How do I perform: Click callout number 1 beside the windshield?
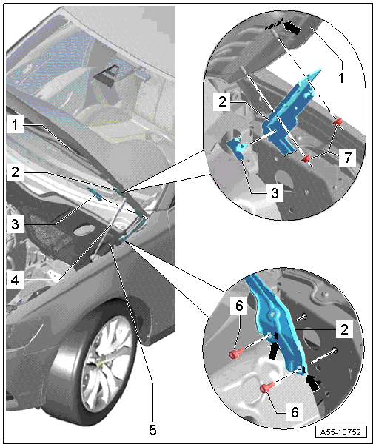pos(15,124)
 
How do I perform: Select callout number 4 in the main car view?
pos(15,280)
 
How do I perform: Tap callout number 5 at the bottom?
pos(152,430)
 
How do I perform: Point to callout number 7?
pos(347,158)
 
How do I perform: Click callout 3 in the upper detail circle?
pos(275,193)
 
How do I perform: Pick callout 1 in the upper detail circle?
pos(341,78)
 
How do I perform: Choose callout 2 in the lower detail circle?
pos(344,329)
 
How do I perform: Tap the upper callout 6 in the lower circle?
pos(239,306)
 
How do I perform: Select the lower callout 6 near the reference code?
pos(295,412)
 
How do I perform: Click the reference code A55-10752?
pos(340,432)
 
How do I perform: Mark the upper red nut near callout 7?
pos(337,122)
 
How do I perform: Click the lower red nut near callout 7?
pos(306,158)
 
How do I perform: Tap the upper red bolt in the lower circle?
pos(236,354)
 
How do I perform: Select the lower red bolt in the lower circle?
pos(266,387)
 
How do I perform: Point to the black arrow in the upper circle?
pos(292,27)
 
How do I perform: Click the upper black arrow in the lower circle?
pos(274,348)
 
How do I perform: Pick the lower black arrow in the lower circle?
pos(313,383)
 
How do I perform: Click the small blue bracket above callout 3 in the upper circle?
pos(237,147)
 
